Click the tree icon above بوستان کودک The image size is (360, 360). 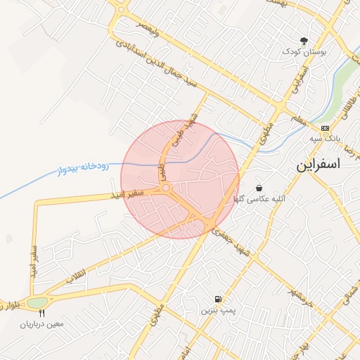coord(304,41)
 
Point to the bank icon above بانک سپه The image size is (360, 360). coord(324,128)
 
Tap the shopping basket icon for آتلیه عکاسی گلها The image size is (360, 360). coord(260,188)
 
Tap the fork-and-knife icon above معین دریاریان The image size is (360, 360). coord(42,313)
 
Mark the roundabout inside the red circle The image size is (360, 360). coord(167,188)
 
